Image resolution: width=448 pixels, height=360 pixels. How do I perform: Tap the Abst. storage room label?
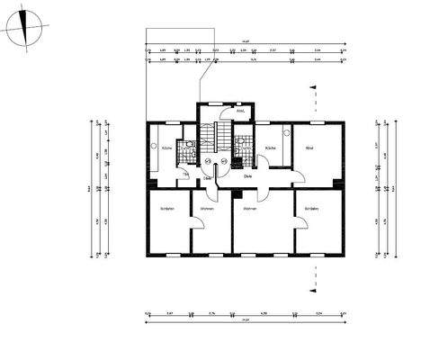pos(240,112)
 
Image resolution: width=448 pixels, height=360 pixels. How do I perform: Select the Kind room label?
pos(309,148)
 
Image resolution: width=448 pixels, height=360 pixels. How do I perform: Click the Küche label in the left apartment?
pos(167,148)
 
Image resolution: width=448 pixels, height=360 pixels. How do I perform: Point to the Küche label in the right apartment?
pos(271,148)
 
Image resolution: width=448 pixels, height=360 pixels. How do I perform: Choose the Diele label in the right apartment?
pos(247,177)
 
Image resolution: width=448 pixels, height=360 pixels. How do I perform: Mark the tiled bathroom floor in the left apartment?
pos(188,149)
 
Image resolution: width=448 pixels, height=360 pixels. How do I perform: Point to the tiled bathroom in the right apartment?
pos(244,148)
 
